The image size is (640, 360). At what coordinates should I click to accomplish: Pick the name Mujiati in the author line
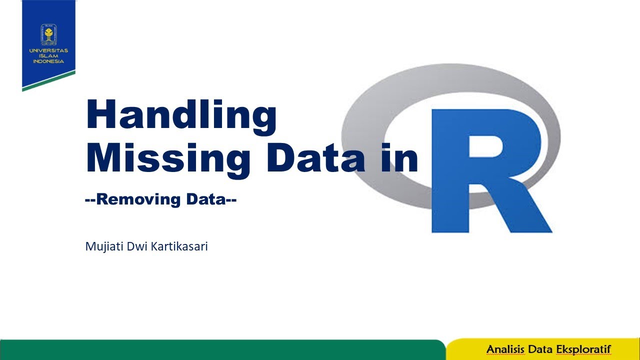point(103,246)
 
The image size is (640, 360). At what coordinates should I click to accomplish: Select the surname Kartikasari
point(177,246)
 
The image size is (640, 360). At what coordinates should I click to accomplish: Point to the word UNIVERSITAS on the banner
point(48,51)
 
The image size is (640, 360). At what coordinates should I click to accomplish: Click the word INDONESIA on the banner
point(48,61)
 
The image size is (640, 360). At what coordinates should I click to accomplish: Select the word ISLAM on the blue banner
point(48,56)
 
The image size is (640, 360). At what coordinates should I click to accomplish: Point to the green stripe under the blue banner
point(48,81)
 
